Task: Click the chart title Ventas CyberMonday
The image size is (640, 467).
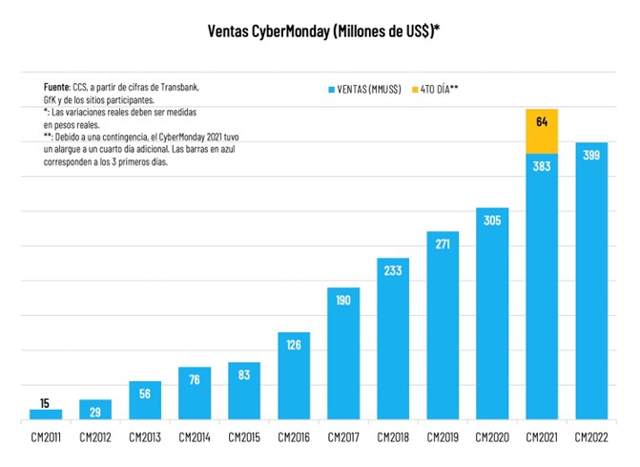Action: point(323,32)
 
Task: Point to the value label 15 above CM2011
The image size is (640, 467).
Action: point(46,402)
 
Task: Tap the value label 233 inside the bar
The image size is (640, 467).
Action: point(393,270)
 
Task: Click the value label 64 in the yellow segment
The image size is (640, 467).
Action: point(542,121)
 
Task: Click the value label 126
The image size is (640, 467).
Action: point(294,345)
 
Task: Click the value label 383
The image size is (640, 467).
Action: point(542,166)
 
